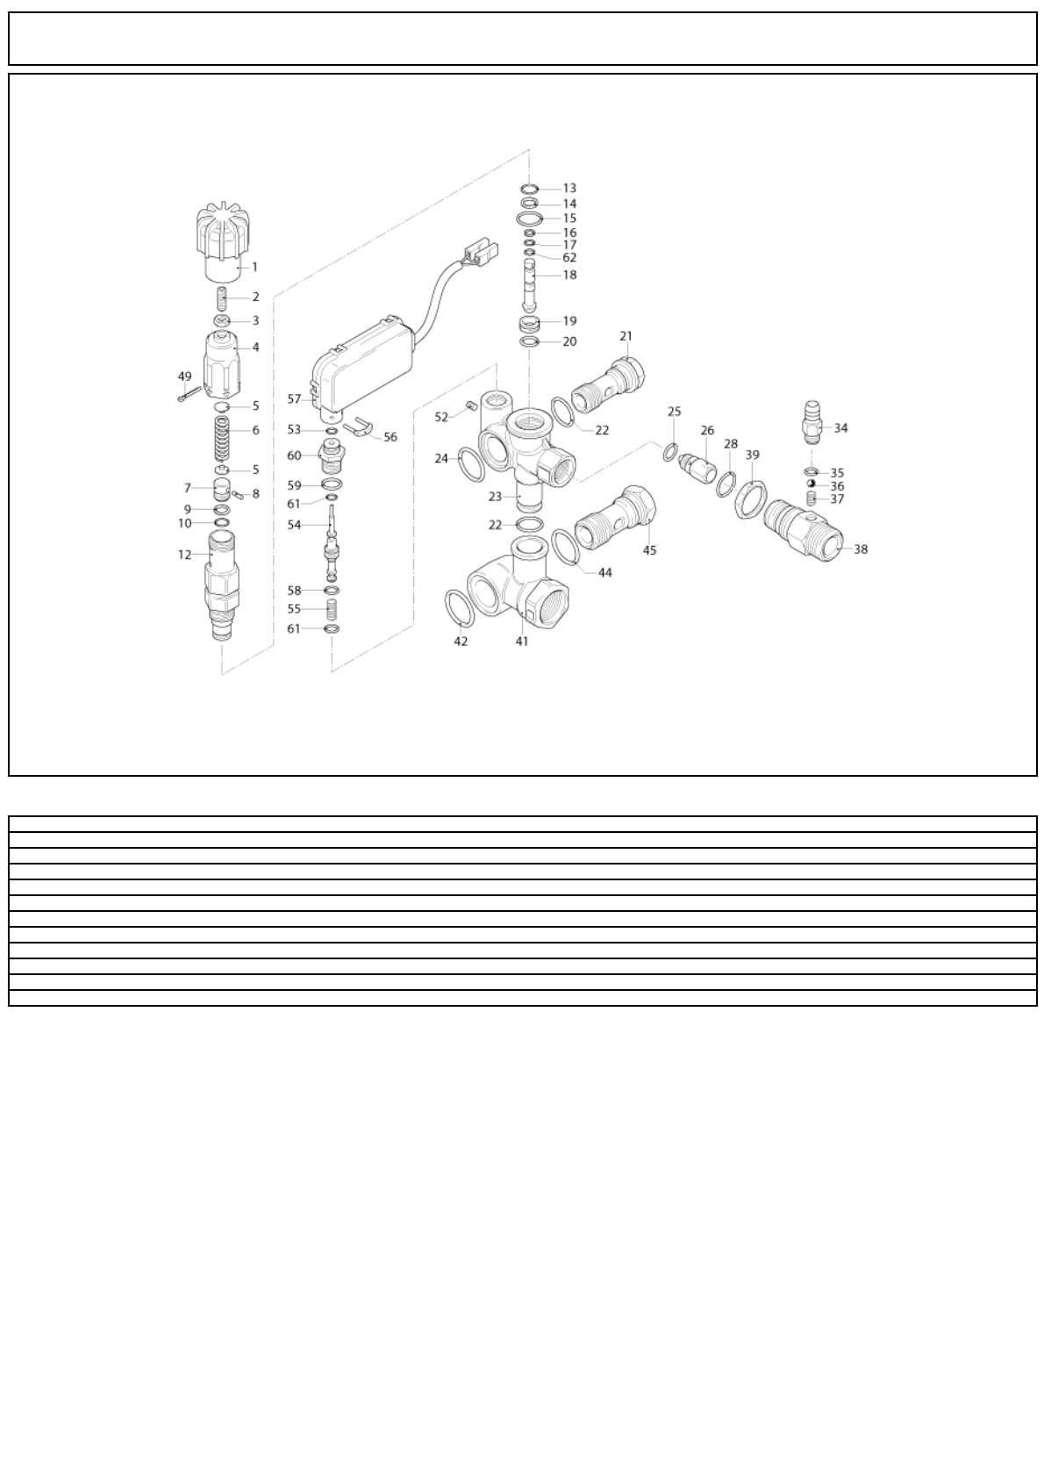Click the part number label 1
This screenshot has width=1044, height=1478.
[x=254, y=266]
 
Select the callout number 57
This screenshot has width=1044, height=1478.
[x=295, y=398]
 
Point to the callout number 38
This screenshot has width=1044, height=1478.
[x=861, y=549]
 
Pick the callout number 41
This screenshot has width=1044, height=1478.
[x=522, y=641]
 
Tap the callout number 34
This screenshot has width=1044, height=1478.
[x=840, y=428]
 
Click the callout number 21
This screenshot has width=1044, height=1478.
[x=626, y=336]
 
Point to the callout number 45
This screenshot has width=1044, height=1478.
[x=649, y=550]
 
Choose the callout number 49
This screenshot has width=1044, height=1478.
[x=184, y=377]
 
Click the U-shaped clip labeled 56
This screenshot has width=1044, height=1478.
[x=359, y=429]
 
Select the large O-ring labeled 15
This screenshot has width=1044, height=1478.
[x=529, y=218]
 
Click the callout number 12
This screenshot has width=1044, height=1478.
[x=184, y=555]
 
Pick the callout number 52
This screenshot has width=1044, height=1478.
[x=441, y=417]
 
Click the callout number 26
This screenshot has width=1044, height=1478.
[x=707, y=430]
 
